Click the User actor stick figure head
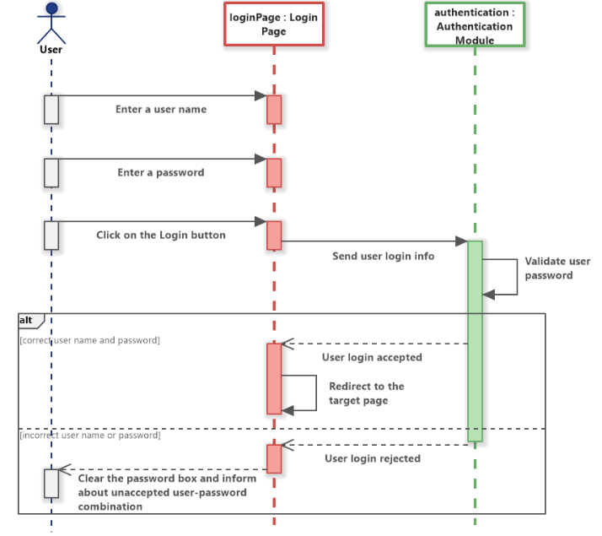click(51, 9)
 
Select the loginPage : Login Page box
click(274, 24)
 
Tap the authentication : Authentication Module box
click(475, 25)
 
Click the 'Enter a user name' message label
click(161, 109)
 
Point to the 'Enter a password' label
click(161, 172)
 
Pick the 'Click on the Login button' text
click(161, 235)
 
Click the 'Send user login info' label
click(384, 255)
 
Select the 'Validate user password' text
click(556, 268)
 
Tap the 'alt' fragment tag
click(29, 321)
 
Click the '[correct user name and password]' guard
click(89, 340)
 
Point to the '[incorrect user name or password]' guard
click(89, 436)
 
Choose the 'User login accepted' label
click(372, 357)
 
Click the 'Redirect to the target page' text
click(366, 393)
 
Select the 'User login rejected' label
click(372, 458)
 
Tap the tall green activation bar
click(475, 338)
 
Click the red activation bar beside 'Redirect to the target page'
click(274, 378)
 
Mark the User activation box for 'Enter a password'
click(51, 172)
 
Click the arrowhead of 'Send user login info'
click(462, 241)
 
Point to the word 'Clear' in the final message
click(93, 479)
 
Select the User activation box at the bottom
click(51, 483)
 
